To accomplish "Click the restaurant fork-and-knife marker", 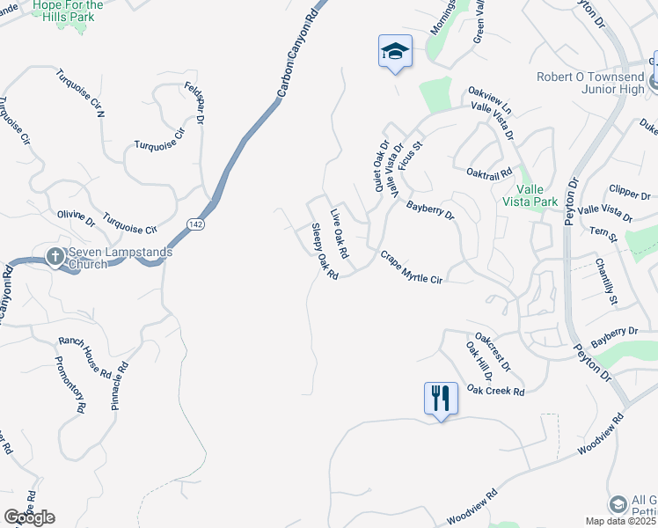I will click(441, 398).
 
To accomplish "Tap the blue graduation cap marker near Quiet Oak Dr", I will click(395, 52).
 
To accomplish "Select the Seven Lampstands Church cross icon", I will click(55, 258).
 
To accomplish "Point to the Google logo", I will click(29, 517).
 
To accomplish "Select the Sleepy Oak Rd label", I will click(325, 252).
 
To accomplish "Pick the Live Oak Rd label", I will click(340, 232).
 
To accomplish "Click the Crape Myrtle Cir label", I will click(410, 267).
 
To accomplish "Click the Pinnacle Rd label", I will click(121, 387).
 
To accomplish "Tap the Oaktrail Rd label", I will click(489, 173).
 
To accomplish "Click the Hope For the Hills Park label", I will click(67, 11).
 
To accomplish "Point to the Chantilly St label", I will click(605, 282).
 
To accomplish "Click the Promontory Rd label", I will click(69, 384).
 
